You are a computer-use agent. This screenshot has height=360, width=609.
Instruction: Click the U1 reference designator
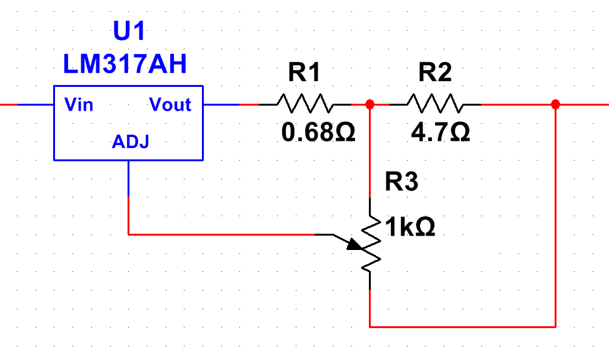pos(129,31)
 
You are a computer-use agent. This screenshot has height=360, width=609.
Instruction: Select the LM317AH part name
pos(125,64)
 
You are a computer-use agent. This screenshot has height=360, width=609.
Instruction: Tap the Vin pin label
pos(79,104)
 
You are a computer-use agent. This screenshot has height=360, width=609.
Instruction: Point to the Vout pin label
pos(170,104)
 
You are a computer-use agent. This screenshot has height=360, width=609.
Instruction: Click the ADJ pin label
pos(131,142)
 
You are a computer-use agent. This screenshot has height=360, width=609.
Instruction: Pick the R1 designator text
pos(304,72)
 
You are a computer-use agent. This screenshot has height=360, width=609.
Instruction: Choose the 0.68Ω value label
pos(318,132)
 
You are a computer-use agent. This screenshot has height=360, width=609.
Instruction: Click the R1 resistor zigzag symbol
pos(305,103)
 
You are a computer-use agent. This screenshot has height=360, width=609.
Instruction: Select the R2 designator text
pos(435,72)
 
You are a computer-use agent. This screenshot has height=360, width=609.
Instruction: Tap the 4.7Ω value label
pos(440,132)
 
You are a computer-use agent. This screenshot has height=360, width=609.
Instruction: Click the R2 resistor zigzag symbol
pos(435,103)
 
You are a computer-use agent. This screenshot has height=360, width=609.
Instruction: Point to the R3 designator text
pos(401,181)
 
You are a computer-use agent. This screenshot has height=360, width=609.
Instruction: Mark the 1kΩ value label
pos(410,227)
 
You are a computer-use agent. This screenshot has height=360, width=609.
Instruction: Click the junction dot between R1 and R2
pos(370,104)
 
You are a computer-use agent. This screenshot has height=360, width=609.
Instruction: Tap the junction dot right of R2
pos(555,104)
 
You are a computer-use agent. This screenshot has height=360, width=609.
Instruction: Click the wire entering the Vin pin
pos(27,104)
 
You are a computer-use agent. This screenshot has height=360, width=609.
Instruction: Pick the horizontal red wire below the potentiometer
pos(463,327)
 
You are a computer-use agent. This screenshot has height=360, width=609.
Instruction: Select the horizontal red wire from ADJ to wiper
pos(221,234)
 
